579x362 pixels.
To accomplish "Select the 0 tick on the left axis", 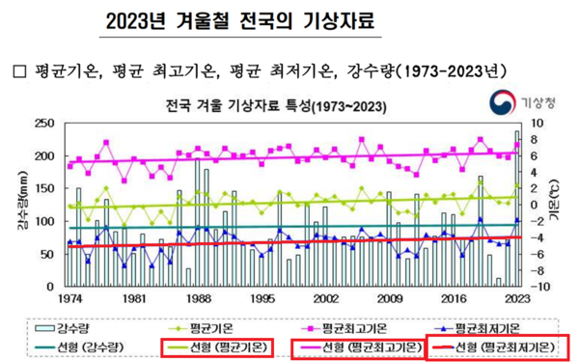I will click(x=48, y=287).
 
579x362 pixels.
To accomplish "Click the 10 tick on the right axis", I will click(x=541, y=124).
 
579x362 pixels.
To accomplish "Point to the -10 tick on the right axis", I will click(x=542, y=287).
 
